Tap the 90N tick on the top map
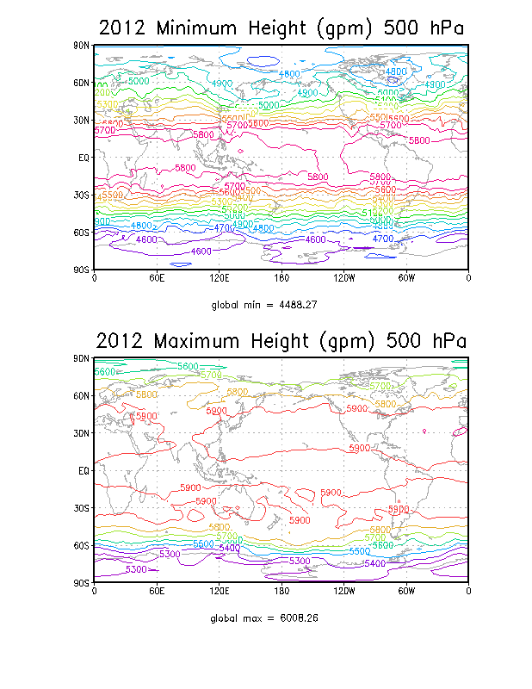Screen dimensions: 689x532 click(83, 45)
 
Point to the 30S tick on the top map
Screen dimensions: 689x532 click(83, 195)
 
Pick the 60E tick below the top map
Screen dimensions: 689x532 click(156, 278)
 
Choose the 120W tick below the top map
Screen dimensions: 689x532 click(343, 278)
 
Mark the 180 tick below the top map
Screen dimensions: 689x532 click(281, 278)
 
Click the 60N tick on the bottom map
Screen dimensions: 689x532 click(83, 396)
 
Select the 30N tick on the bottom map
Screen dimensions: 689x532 click(83, 433)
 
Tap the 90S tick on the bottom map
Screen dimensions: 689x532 click(83, 583)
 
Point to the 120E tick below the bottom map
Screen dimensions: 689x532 click(219, 592)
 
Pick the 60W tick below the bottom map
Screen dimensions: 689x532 click(406, 592)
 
